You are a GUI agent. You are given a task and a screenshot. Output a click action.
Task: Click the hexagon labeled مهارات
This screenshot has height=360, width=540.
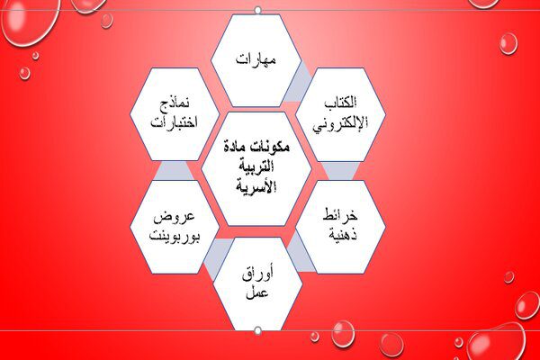pos(256,60)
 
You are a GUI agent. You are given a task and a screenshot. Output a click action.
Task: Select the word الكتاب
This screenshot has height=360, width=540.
pos(340,103)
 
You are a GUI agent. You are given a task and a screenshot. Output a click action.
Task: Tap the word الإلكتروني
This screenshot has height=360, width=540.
pos(340,123)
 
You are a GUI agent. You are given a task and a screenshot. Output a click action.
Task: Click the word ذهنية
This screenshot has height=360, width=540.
pos(343,235)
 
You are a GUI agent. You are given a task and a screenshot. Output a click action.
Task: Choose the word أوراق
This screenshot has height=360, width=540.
pos(257,274)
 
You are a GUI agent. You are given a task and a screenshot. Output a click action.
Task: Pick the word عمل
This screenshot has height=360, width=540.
pos(256,292)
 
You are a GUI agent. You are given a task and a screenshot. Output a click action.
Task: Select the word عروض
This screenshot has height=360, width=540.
pos(175,218)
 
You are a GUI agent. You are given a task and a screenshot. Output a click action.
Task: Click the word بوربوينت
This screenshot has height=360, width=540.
pos(175,237)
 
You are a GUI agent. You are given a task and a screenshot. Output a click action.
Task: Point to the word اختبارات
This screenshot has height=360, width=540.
pos(175,122)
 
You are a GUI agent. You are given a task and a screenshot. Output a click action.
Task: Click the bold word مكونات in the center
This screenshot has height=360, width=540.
pos(273,147)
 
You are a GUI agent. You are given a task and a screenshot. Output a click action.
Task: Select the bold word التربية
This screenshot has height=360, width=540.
pos(256,166)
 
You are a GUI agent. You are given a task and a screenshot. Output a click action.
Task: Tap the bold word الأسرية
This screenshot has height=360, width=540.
pos(256,186)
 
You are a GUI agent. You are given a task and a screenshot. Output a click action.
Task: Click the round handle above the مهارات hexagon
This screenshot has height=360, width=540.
pos(257,10)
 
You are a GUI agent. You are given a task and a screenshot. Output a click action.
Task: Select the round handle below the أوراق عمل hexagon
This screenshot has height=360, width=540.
pos(257,331)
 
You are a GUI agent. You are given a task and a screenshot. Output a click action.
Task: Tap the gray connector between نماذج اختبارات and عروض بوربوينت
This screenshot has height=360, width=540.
pos(174,170)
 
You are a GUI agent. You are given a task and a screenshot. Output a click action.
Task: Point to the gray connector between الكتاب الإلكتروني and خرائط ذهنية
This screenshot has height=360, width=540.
pos(340,171)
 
